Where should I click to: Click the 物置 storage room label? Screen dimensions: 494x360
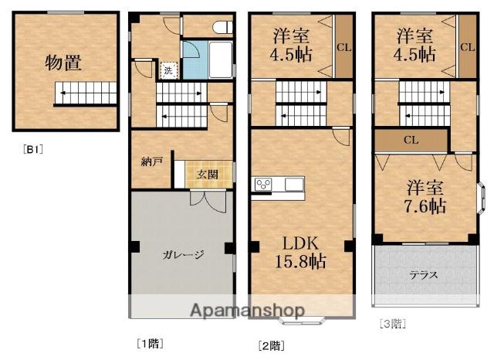point(63,63)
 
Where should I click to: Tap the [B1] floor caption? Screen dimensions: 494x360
point(32,149)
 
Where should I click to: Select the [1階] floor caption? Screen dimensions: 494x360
point(150,343)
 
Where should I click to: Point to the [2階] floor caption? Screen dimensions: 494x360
point(271,346)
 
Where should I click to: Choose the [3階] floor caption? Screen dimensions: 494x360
point(393,324)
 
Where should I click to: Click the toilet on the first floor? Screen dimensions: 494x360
point(223,27)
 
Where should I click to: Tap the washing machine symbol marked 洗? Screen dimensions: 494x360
point(168,70)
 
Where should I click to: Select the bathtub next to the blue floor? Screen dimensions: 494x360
point(221,60)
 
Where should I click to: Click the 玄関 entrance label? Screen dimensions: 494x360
point(207,175)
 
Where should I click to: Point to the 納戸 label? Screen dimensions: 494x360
point(151,161)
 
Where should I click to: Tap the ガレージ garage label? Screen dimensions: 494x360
point(183,254)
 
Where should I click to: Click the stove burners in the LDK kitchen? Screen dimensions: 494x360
point(263,184)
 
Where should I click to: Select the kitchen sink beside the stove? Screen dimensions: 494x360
point(294,184)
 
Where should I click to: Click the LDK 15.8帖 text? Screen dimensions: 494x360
point(300,252)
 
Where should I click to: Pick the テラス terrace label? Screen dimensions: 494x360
point(424,275)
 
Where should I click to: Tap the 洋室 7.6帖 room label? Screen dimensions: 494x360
point(425,197)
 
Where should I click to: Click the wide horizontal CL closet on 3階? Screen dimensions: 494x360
point(411,140)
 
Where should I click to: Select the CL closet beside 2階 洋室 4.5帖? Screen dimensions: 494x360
point(343,46)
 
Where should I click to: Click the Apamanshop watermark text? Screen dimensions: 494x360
point(247,311)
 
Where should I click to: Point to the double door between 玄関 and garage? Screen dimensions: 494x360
point(208,201)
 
